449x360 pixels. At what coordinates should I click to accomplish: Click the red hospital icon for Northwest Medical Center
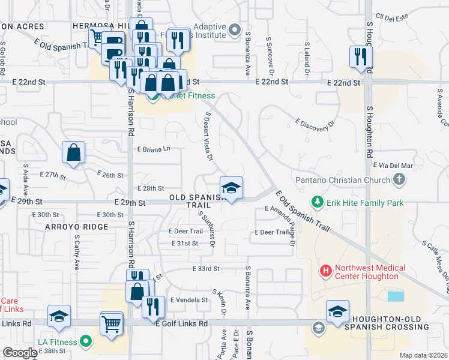coord(326,272)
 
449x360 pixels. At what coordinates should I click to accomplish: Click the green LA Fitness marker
coord(86,342)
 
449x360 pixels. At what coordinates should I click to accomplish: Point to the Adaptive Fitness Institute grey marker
coord(235,28)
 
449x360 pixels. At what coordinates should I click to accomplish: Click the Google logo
coord(20,353)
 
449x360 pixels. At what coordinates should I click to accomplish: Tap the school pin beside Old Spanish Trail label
coord(231,188)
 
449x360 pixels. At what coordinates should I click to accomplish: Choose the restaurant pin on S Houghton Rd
coord(361,58)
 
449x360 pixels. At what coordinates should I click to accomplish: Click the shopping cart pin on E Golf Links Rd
coord(111,323)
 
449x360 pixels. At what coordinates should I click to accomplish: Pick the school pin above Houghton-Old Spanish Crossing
coord(337,312)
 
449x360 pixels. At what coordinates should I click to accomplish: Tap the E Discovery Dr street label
coord(312,125)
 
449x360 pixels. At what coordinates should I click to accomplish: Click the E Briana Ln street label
coord(154,149)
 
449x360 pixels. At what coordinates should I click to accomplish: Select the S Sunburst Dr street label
coord(207,230)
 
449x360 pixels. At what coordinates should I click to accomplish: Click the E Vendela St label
coord(188,299)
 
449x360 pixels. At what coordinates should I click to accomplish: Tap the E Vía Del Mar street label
coord(393,165)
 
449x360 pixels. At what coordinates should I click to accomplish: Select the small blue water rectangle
coord(396,296)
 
